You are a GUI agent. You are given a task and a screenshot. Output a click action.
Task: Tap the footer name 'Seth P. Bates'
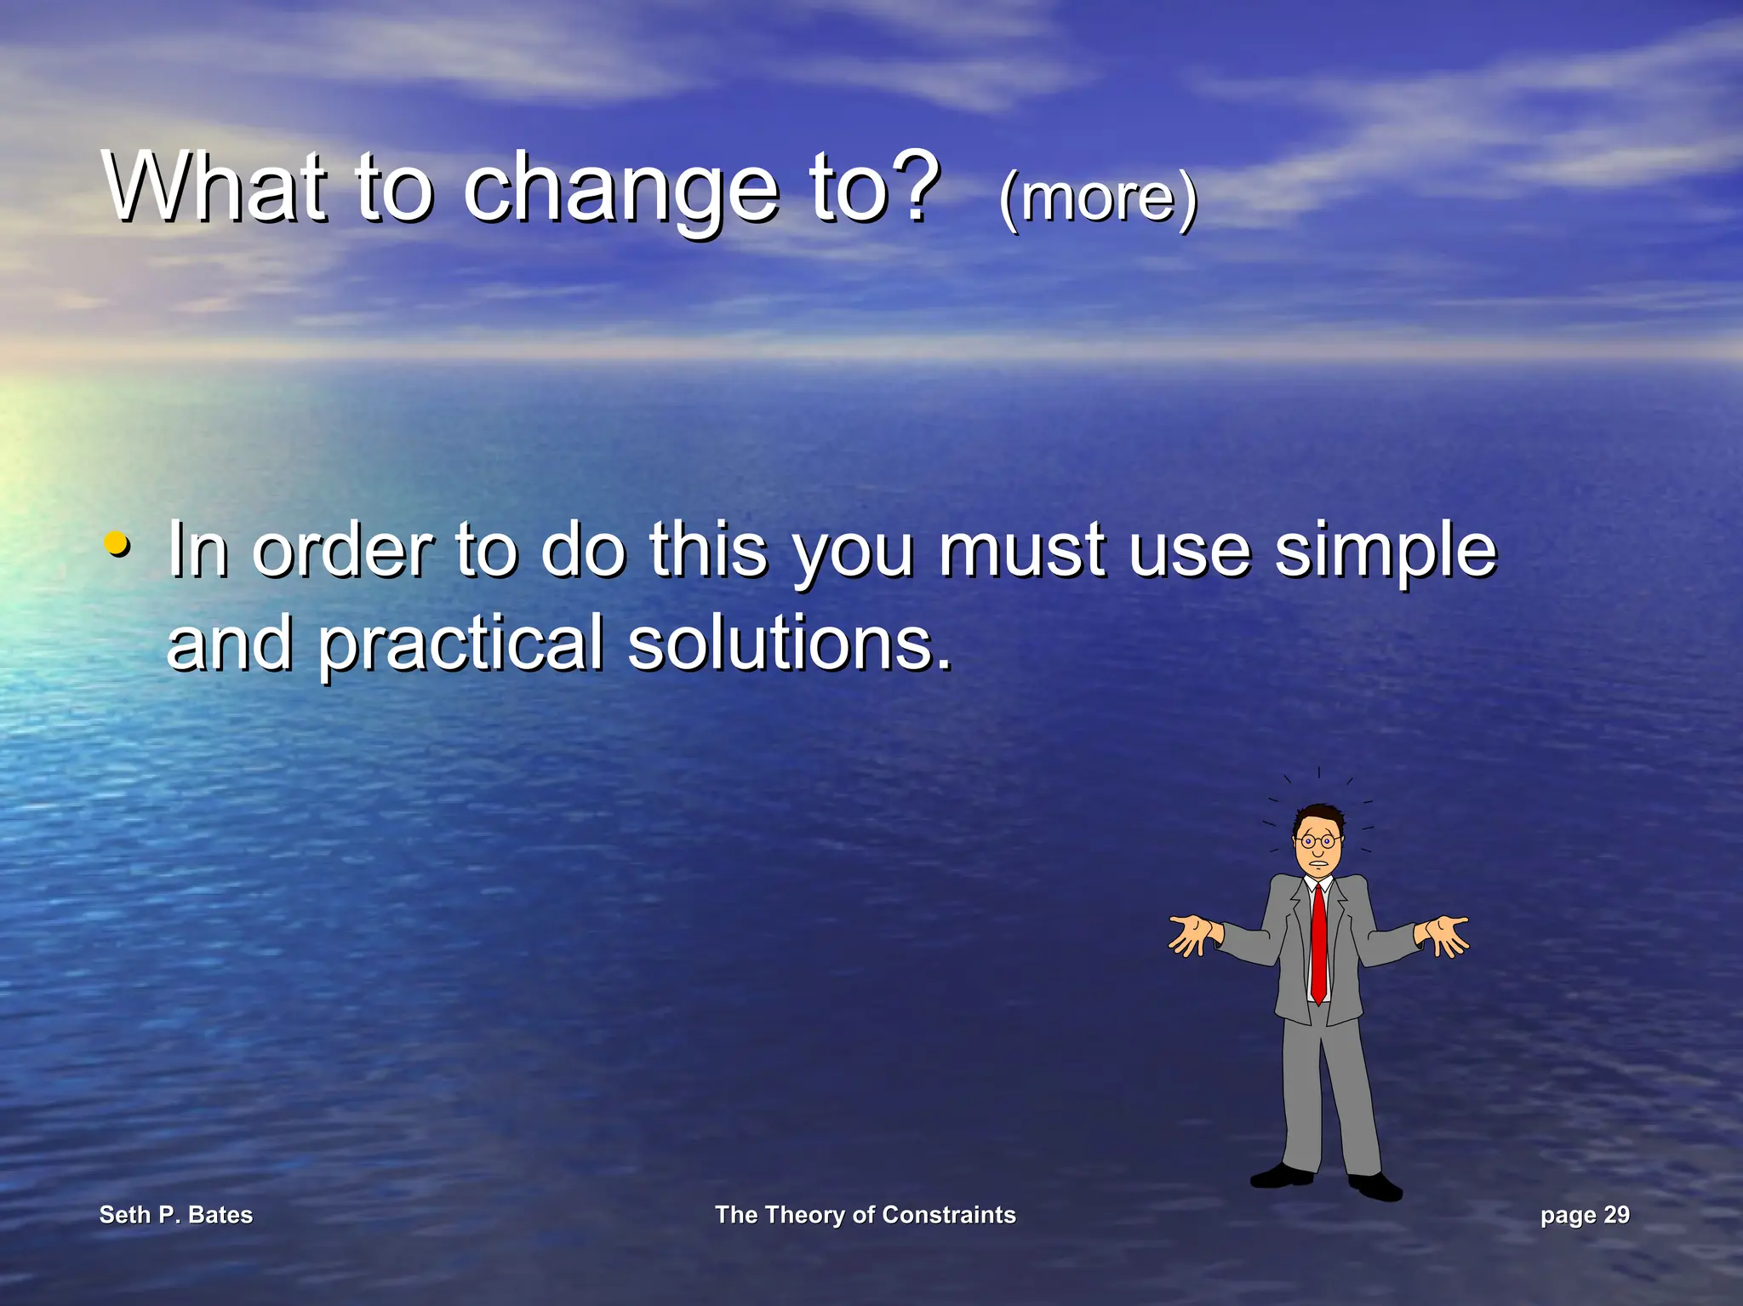(176, 1214)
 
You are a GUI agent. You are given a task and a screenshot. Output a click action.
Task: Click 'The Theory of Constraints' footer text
(865, 1214)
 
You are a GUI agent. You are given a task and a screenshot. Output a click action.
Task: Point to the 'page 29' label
(1585, 1214)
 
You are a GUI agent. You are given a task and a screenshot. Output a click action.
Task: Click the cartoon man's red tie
(1318, 945)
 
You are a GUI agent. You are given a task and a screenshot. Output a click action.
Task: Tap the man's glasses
(1317, 842)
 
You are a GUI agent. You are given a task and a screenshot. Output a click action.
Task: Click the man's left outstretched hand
(1192, 935)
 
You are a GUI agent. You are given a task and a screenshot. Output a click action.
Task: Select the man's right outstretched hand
(1444, 934)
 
